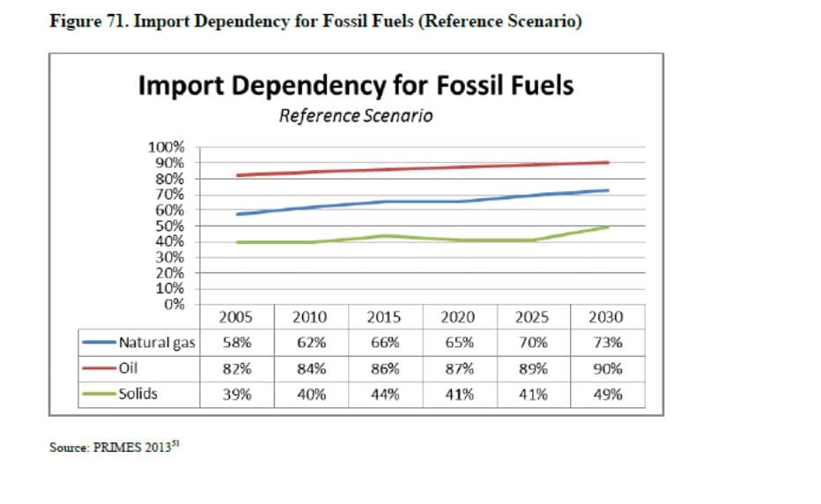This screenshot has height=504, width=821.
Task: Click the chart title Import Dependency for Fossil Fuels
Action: tap(356, 85)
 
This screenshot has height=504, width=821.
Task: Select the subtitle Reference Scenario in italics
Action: tap(356, 115)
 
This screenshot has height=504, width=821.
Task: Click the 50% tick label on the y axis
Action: tap(169, 226)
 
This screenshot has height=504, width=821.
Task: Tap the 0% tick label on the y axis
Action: tap(174, 304)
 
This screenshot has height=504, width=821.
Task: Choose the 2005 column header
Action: tap(235, 317)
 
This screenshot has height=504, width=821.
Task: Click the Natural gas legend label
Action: tap(157, 343)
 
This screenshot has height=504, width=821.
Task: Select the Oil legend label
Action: tap(129, 368)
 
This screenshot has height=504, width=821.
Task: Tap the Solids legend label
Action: tap(138, 394)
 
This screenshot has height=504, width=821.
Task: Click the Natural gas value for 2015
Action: tap(384, 343)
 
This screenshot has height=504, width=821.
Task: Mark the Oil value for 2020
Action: tap(458, 368)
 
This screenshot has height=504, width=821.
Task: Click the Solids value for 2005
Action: tap(235, 395)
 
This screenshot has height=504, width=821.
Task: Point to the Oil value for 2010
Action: tap(309, 368)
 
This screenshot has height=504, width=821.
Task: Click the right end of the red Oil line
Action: tap(608, 162)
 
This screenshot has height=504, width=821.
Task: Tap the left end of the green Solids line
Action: tap(237, 242)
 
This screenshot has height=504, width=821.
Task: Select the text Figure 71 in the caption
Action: tap(85, 21)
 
